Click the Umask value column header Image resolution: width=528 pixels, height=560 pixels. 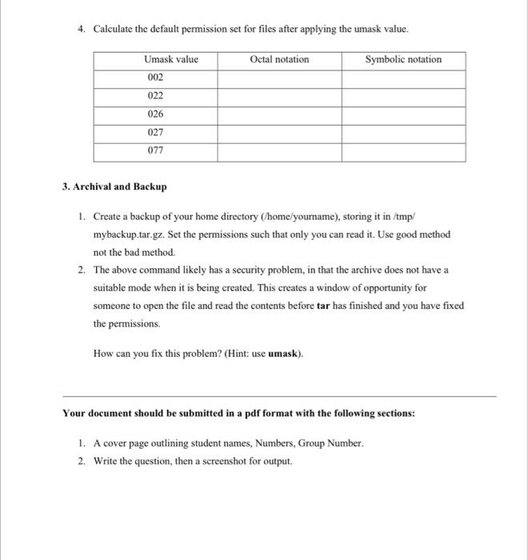170,59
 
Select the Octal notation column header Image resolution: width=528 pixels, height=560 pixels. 279,59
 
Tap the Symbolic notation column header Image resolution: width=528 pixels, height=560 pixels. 403,59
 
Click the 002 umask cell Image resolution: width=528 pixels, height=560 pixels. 155,78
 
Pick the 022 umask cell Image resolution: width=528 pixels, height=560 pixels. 155,96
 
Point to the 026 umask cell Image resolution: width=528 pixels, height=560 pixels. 155,114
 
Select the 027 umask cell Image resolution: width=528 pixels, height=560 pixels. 155,133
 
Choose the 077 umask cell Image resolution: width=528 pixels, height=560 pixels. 155,151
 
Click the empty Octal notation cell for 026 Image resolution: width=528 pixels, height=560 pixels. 279,114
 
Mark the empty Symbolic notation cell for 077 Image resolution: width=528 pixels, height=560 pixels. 403,151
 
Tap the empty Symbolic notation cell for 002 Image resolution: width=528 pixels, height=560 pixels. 403,78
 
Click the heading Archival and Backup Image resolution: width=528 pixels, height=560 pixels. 119,186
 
